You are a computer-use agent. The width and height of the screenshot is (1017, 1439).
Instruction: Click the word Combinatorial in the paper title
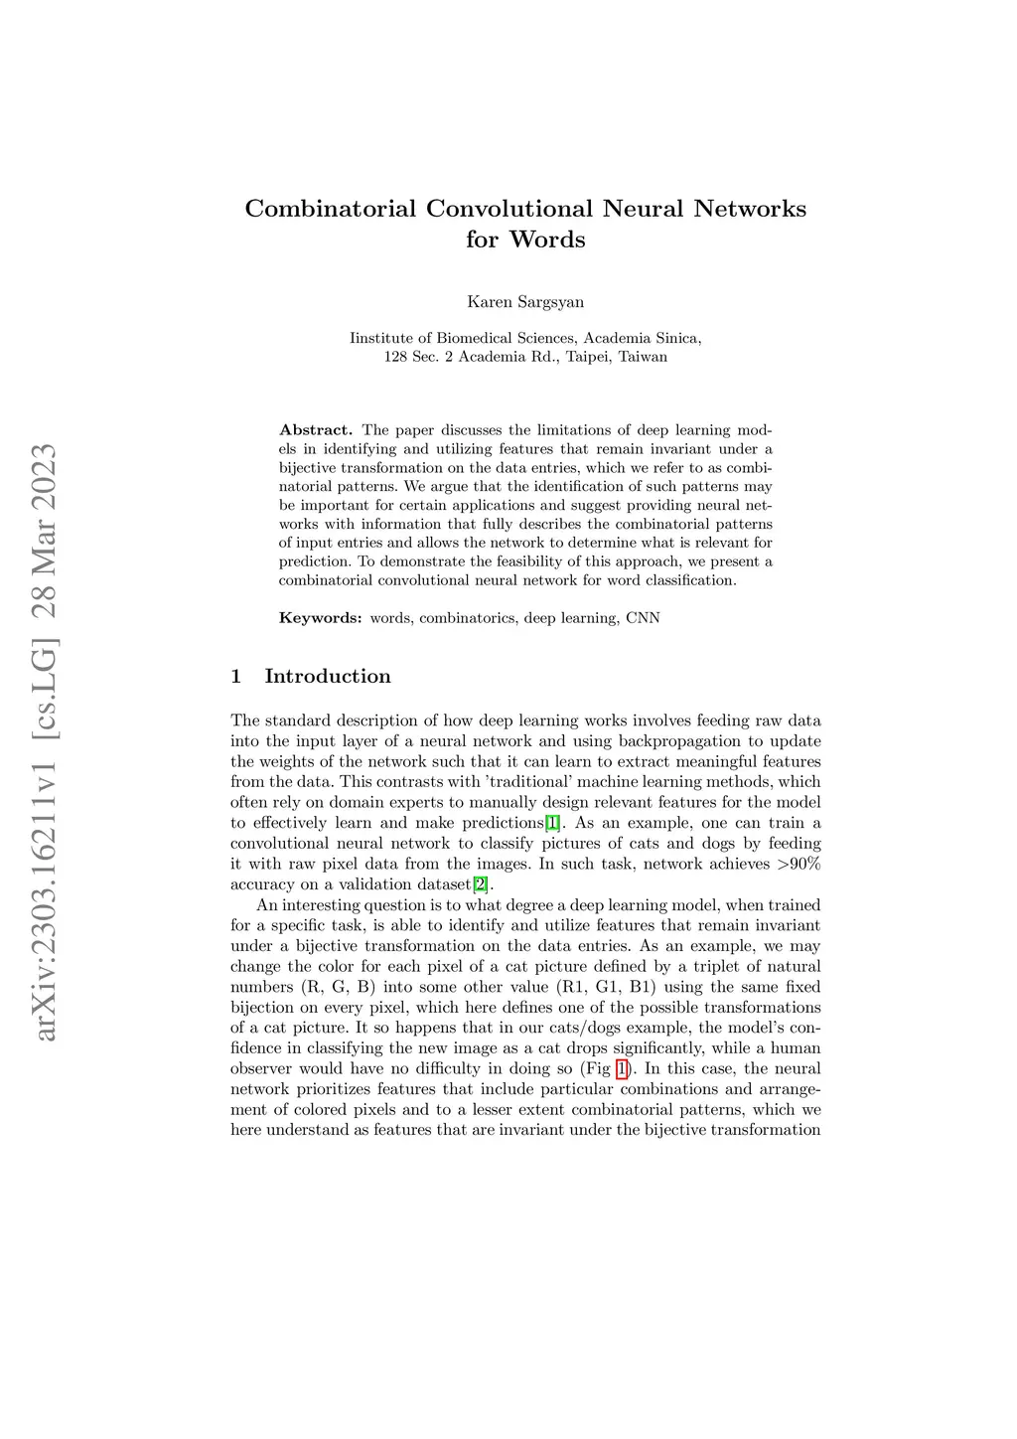330,210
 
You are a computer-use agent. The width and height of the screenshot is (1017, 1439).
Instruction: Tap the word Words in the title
547,240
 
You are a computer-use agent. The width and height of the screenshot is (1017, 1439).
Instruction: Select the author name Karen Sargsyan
525,302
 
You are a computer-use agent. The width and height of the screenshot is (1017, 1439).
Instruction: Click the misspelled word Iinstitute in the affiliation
380,338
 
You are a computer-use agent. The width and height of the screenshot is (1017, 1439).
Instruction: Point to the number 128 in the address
396,357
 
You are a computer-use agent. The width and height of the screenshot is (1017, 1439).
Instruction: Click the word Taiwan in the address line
643,357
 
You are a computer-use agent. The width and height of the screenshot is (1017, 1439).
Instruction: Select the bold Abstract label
316,430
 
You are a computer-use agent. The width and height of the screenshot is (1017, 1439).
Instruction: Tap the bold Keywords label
321,618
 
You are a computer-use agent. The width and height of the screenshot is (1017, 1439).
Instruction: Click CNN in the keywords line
643,618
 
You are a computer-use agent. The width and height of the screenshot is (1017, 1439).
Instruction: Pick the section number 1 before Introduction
236,677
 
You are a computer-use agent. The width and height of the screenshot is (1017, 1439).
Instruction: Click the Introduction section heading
328,677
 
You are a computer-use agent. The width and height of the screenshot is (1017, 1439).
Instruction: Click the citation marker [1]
553,823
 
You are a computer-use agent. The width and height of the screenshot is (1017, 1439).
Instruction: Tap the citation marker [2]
481,884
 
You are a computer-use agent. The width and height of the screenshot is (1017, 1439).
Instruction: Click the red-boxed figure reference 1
622,1069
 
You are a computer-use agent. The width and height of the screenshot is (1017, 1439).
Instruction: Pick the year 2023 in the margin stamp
45,478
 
